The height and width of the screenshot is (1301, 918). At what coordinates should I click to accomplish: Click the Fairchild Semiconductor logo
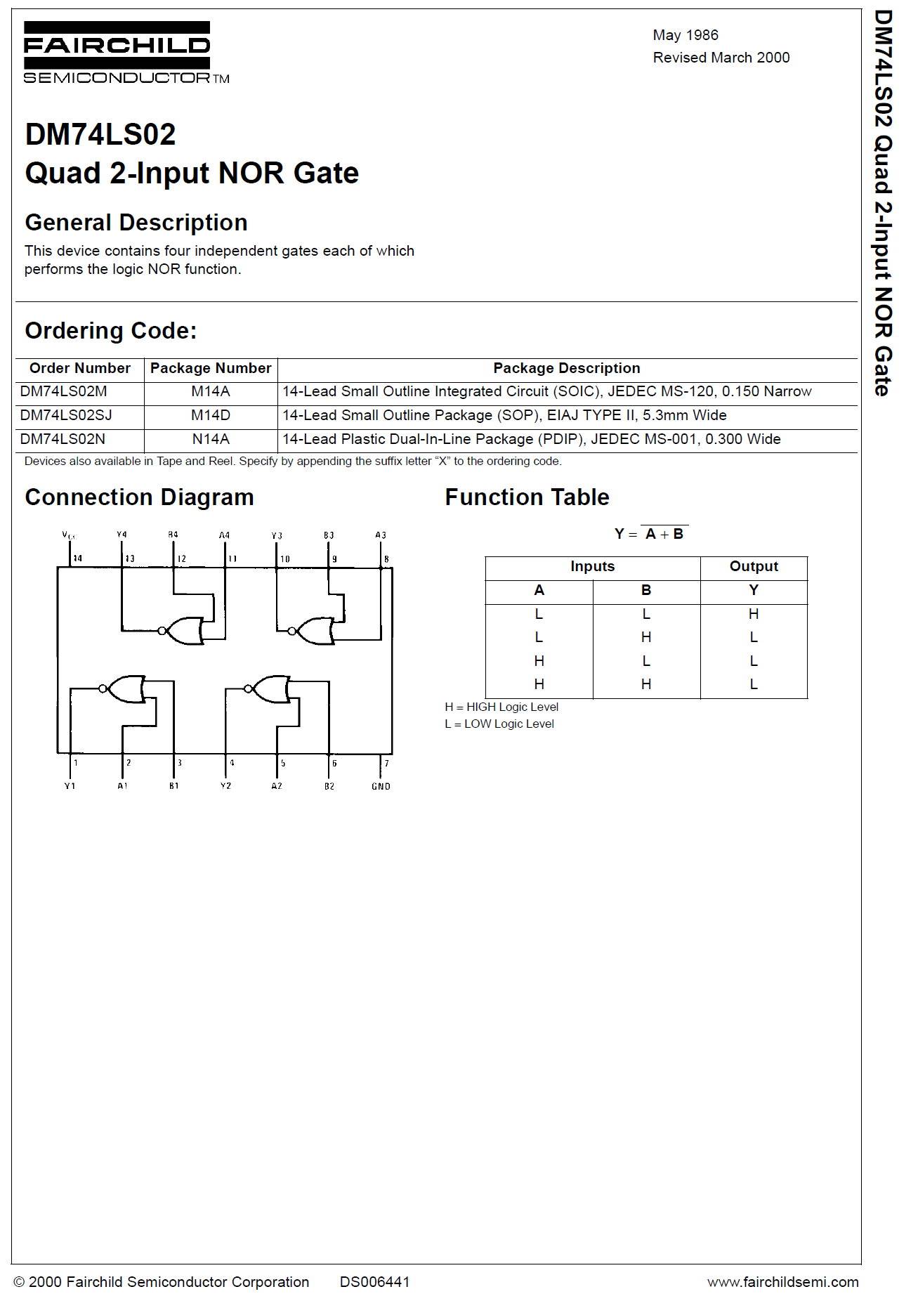[x=126, y=53]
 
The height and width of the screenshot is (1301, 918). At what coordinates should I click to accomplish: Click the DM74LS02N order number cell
[x=63, y=439]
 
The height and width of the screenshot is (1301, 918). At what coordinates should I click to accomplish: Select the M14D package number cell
[x=211, y=415]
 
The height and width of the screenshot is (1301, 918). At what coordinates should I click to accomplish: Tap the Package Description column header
[x=566, y=368]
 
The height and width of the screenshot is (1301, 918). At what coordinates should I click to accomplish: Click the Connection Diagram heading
[x=139, y=497]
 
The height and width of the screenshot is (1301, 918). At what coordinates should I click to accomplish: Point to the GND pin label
[x=381, y=786]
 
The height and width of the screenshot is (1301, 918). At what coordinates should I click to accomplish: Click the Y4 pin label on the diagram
[x=122, y=535]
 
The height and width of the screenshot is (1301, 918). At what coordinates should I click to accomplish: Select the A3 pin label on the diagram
[x=381, y=535]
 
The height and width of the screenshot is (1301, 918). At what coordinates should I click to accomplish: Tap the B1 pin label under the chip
[x=173, y=786]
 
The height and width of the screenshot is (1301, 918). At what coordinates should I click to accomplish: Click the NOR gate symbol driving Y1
[x=125, y=689]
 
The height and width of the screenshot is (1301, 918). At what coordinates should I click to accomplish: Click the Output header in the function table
[x=753, y=566]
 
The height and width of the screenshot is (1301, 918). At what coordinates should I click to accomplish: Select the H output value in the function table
[x=753, y=614]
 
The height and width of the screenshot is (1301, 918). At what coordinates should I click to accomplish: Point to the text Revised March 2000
[x=721, y=58]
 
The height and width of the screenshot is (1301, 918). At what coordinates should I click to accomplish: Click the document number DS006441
[x=374, y=1282]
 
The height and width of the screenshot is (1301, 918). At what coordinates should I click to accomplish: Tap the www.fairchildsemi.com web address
[x=782, y=1282]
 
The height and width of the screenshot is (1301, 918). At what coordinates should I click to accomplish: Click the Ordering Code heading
[x=111, y=331]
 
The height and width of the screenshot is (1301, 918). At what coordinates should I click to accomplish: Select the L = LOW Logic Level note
[x=499, y=724]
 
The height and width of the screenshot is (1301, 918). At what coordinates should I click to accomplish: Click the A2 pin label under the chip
[x=277, y=786]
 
